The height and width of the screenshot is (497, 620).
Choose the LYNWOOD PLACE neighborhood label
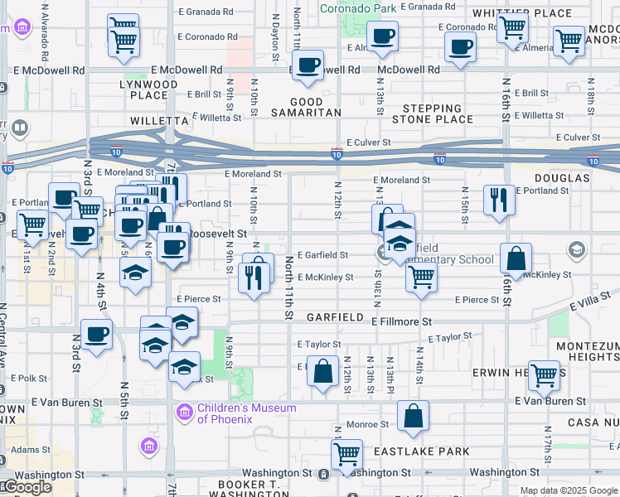tap(148, 89)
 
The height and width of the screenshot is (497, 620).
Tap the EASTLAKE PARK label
tap(432, 452)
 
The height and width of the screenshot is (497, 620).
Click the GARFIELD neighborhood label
tap(334, 317)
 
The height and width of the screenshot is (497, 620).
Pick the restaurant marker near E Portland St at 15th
tap(498, 200)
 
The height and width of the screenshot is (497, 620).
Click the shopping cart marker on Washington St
tap(346, 454)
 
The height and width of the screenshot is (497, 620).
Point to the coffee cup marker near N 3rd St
tap(97, 336)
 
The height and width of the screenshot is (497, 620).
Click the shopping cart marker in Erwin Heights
tap(544, 375)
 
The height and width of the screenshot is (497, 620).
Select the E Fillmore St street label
tap(402, 321)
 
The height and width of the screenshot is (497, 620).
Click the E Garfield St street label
tap(322, 255)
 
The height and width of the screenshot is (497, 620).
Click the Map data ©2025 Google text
tap(569, 490)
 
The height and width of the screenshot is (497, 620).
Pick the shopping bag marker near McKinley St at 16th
tap(516, 258)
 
